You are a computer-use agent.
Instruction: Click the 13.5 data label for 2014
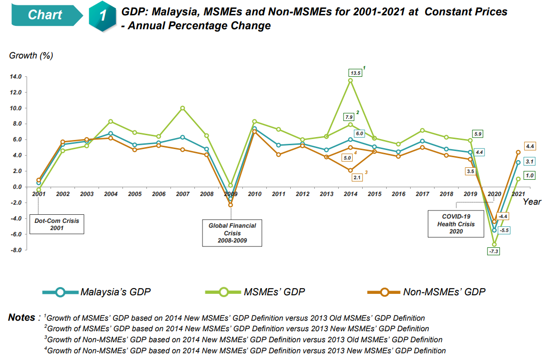(x=355, y=73)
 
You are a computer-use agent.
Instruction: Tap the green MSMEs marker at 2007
(x=182, y=108)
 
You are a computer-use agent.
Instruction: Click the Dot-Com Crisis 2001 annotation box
(x=57, y=224)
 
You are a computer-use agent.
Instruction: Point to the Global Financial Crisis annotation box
(x=232, y=233)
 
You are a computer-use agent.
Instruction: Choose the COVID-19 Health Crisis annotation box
(x=456, y=224)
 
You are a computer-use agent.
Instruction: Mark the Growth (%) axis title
(x=31, y=56)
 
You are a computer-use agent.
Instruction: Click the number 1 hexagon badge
(x=102, y=15)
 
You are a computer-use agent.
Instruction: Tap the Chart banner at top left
(x=46, y=15)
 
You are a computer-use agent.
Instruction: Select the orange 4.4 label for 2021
(x=530, y=146)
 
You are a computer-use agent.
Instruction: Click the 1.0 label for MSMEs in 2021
(x=530, y=176)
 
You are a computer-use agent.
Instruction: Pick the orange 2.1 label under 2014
(x=356, y=177)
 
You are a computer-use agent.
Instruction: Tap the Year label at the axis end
(x=532, y=201)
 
